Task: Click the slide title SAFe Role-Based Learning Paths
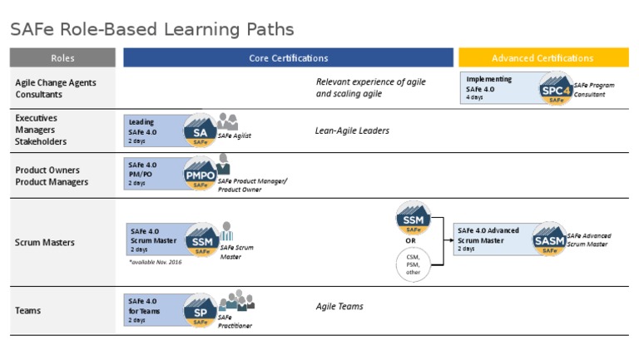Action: (x=151, y=30)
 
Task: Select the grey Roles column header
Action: (x=62, y=58)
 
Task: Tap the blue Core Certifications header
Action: (x=288, y=58)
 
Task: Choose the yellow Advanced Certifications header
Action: (x=542, y=58)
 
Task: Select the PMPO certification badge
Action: (x=200, y=175)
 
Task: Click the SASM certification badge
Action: (x=549, y=240)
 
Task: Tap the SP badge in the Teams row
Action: (x=200, y=312)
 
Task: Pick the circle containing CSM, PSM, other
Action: (x=413, y=264)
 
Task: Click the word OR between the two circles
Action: (x=410, y=241)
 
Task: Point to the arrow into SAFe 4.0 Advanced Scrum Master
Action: (x=448, y=241)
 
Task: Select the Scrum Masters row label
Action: (x=45, y=243)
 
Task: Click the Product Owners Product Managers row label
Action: (x=52, y=175)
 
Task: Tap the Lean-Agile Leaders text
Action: (x=352, y=131)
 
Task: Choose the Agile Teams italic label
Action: (x=339, y=306)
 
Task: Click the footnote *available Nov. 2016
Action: (x=155, y=262)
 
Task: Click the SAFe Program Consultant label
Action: (x=595, y=90)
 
